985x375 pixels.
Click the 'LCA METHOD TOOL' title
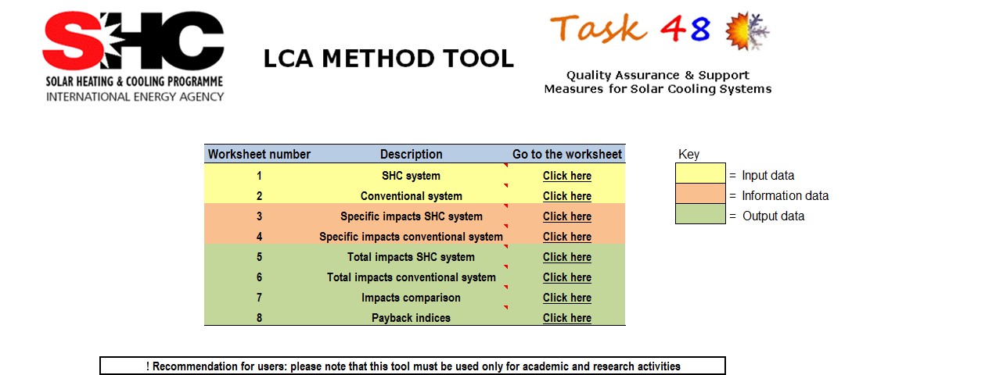(x=389, y=59)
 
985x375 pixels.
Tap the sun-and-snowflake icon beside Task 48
(x=747, y=30)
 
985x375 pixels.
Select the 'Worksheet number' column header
(x=259, y=154)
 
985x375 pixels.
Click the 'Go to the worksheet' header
(x=566, y=154)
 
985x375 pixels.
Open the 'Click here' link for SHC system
(x=566, y=176)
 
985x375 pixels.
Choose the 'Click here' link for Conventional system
(x=566, y=196)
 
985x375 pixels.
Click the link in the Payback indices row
(x=566, y=318)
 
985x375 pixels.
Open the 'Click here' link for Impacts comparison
(x=566, y=298)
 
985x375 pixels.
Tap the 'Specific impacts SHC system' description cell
(x=412, y=216)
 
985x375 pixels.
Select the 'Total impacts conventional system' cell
(x=412, y=277)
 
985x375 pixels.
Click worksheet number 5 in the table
(x=259, y=257)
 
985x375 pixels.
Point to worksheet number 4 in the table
(x=259, y=237)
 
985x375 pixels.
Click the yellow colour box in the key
(x=700, y=173)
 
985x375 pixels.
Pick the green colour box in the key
(x=700, y=214)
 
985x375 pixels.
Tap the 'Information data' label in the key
(x=785, y=196)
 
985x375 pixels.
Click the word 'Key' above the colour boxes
(x=688, y=155)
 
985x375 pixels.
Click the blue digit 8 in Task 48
(x=699, y=29)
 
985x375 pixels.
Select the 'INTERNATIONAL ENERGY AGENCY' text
(x=135, y=97)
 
